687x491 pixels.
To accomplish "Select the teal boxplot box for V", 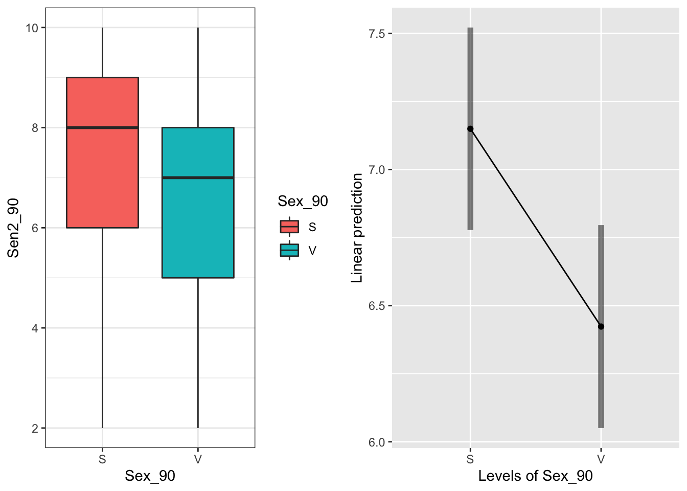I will (x=198, y=225).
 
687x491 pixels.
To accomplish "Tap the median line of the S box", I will (x=102, y=127).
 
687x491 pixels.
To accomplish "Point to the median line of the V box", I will (x=198, y=177).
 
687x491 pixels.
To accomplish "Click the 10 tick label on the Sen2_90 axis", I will (x=32, y=28).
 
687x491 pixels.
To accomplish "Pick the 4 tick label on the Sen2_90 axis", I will (x=35, y=328).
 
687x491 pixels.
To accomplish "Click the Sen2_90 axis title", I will (x=13, y=228).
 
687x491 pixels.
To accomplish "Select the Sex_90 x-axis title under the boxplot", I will (x=150, y=476).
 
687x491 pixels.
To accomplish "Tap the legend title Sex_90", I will (x=303, y=202).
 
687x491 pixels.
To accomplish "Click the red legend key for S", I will (x=289, y=227).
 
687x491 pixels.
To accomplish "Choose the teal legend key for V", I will (x=289, y=250).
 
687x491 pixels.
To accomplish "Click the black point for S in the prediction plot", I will (x=470, y=129).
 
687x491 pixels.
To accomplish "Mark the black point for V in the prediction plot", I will (x=601, y=326).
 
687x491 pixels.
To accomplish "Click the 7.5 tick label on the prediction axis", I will (x=376, y=34).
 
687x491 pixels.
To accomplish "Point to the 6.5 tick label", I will (x=376, y=306).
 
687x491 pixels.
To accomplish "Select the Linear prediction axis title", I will (x=357, y=228).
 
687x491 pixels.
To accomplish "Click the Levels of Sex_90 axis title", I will (x=535, y=476).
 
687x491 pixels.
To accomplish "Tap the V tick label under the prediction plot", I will (x=601, y=459).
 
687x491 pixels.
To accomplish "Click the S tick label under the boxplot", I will (x=102, y=459).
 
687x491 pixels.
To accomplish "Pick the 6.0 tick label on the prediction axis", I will (x=376, y=442).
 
